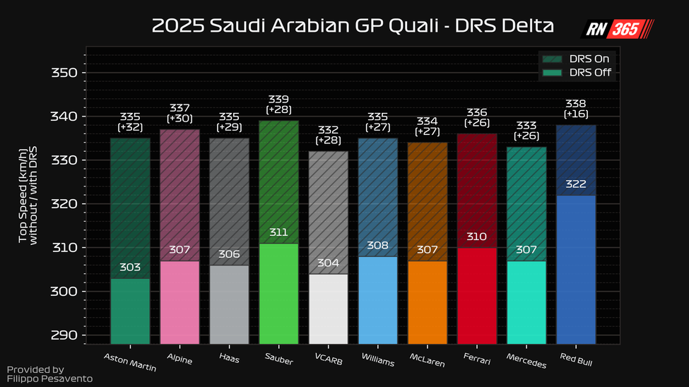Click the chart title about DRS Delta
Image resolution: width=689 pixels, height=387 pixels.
pyautogui.click(x=353, y=27)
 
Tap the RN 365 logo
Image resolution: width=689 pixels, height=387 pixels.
pyautogui.click(x=618, y=28)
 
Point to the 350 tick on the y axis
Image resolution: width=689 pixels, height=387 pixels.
pyautogui.click(x=63, y=73)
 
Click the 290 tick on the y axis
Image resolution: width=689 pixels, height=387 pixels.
pyautogui.click(x=63, y=335)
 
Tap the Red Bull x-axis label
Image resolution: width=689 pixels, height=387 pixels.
pyautogui.click(x=576, y=359)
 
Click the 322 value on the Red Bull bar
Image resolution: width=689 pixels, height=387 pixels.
pyautogui.click(x=576, y=184)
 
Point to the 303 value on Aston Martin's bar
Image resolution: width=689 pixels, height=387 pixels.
pyautogui.click(x=130, y=268)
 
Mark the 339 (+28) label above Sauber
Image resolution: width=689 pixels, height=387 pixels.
pyautogui.click(x=278, y=105)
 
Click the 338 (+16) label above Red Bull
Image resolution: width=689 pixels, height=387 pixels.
pyautogui.click(x=576, y=109)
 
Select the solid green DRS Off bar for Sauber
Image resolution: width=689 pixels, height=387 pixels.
pyautogui.click(x=278, y=293)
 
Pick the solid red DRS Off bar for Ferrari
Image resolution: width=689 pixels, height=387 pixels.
pyautogui.click(x=477, y=297)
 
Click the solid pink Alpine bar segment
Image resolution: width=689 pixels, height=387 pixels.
pyautogui.click(x=179, y=302)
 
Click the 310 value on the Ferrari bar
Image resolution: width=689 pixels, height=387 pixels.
pyautogui.click(x=477, y=237)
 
